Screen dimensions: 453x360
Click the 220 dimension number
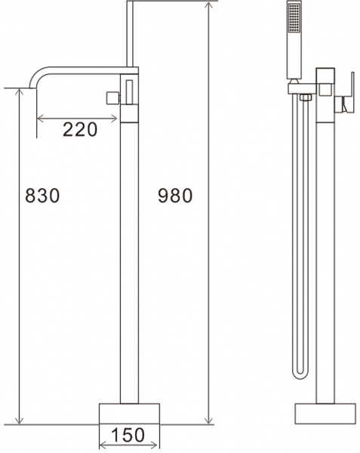tap(80, 129)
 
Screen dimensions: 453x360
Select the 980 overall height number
tap(176, 196)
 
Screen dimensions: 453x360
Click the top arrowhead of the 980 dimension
tap(208, 6)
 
